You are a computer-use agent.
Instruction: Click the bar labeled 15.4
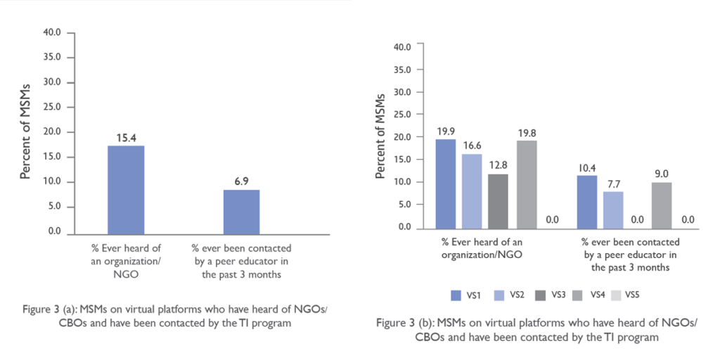[126, 190]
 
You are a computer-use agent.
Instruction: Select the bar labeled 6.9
[242, 212]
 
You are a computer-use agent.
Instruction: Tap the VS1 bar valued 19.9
[446, 184]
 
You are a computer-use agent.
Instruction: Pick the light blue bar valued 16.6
[472, 191]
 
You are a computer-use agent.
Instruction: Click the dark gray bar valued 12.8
[499, 201]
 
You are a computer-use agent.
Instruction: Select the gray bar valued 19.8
[527, 184]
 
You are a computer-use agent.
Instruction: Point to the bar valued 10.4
[587, 202]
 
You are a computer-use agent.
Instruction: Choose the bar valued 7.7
[613, 210]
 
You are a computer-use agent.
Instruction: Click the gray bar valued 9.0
[662, 205]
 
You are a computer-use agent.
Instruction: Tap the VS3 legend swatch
[541, 295]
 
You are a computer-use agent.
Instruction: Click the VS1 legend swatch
[456, 295]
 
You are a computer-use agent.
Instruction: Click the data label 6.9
[242, 181]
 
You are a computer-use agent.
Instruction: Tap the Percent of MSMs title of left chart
[26, 131]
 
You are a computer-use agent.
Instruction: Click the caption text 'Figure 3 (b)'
[404, 323]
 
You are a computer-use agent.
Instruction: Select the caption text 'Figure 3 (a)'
[51, 309]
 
